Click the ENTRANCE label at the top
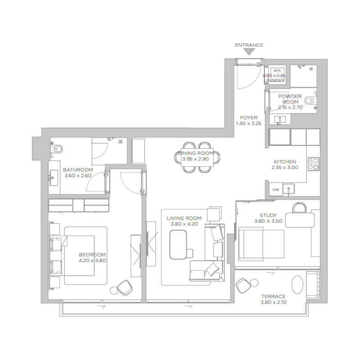point(249,45)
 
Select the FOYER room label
point(248,118)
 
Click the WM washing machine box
point(277,71)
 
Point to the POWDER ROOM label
point(290,99)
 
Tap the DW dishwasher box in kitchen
point(276,190)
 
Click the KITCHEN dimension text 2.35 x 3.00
point(284,167)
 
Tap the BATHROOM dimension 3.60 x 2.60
point(78,175)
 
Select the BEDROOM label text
point(92,254)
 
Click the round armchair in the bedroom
point(125,286)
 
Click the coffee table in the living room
point(179,244)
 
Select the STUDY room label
point(268,215)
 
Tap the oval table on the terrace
point(297,284)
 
